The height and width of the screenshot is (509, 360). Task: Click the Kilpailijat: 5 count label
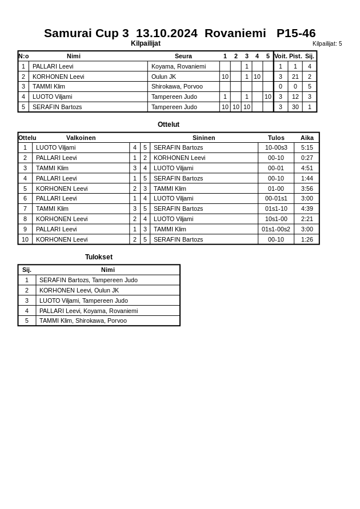coord(327,43)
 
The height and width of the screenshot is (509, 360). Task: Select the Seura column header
coord(183,56)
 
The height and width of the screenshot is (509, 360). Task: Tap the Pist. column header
coord(295,56)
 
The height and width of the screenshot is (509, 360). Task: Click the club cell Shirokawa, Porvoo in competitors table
coord(177,86)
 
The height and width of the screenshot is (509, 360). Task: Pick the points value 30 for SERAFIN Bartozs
coord(295,107)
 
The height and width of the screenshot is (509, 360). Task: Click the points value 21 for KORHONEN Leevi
coord(295,77)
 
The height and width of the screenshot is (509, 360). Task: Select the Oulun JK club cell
coord(163,77)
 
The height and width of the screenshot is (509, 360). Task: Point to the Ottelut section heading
coord(169,125)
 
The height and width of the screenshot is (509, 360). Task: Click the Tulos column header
coord(276,138)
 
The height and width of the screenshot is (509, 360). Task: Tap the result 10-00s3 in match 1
coord(276,147)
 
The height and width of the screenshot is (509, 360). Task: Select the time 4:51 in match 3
coord(307,168)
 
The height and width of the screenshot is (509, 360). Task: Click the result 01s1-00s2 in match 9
coord(276,229)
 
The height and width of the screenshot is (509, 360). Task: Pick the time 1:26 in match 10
coord(307,239)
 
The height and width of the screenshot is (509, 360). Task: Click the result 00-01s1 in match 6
coord(276,198)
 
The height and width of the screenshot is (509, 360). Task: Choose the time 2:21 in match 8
coord(307,219)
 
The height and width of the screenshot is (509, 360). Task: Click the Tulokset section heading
coord(99,257)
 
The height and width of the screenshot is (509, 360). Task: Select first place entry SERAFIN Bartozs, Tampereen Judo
coord(89,280)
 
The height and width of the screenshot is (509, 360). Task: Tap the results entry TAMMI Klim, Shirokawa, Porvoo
coord(83,320)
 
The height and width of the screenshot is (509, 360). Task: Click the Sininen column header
coord(203,138)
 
